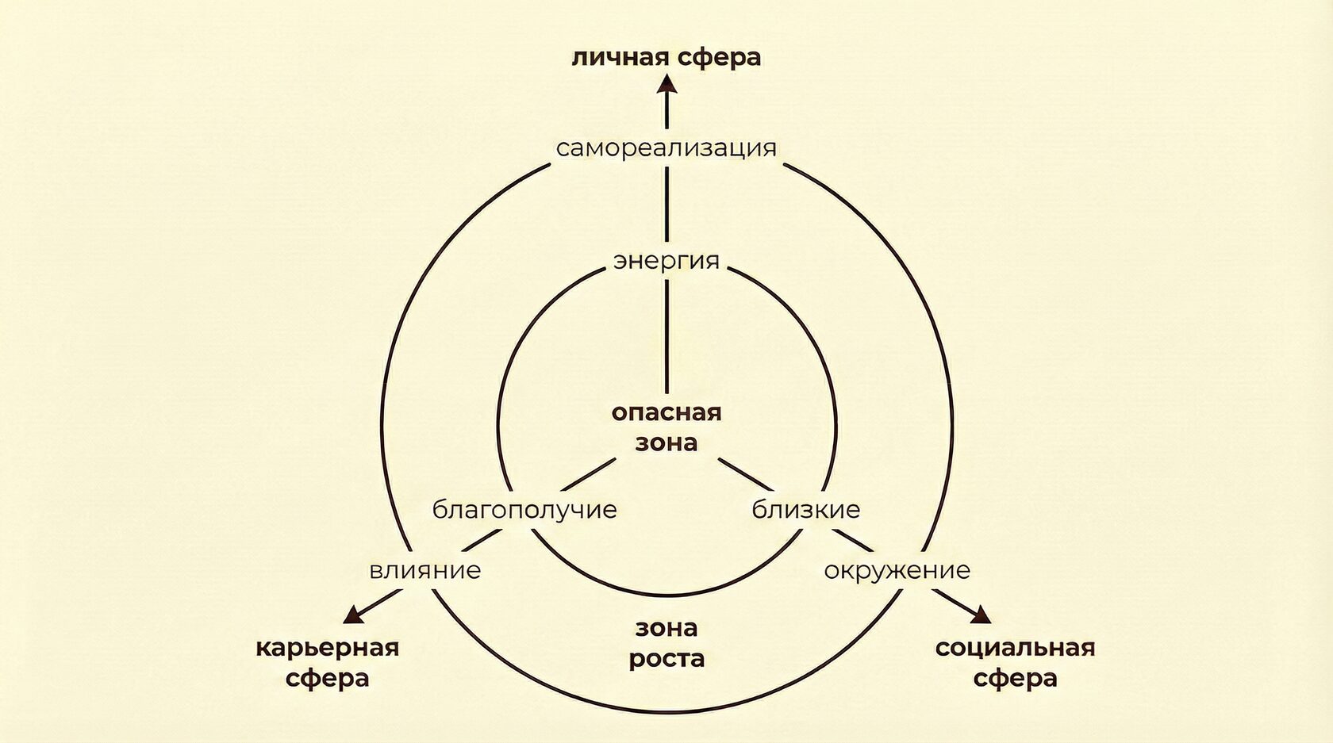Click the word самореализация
click(x=666, y=148)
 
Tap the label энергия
click(x=666, y=260)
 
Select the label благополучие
click(x=524, y=509)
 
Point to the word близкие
click(x=805, y=509)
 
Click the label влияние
click(x=425, y=570)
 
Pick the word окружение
click(x=897, y=570)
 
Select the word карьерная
click(x=327, y=648)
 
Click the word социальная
click(x=1015, y=648)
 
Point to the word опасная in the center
click(x=666, y=413)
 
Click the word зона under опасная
click(x=666, y=443)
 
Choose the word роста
click(x=666, y=659)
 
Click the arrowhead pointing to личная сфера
click(x=666, y=83)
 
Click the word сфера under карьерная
click(x=327, y=679)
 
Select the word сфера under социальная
click(x=1015, y=679)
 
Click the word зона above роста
click(x=666, y=628)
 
